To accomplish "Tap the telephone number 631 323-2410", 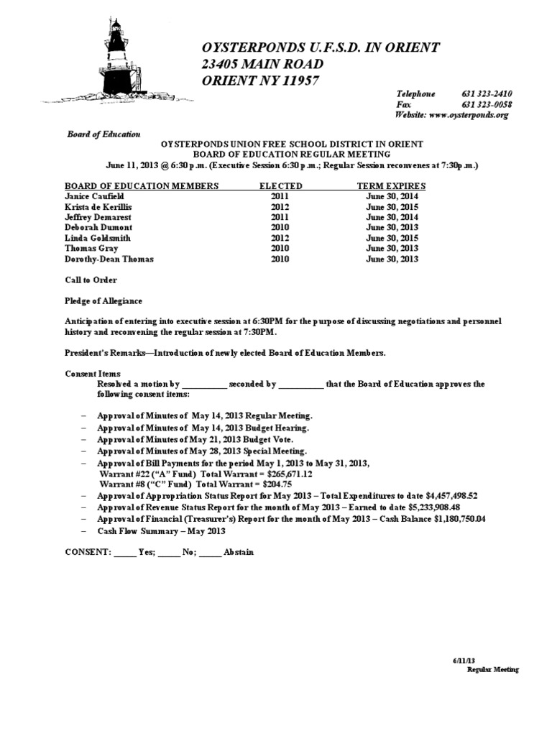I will pos(487,94).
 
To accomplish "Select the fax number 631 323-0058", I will pos(487,104).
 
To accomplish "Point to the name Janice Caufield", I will pos(96,196).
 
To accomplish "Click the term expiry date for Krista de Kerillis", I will pos(392,206).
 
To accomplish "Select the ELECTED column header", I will pos(280,186).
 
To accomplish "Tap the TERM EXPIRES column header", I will pos(391,186).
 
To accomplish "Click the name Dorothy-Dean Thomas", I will pos(109,259).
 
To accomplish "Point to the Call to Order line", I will pos(91,280).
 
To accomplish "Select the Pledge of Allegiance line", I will pos(103,300).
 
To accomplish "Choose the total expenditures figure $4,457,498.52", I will pos(446,496).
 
